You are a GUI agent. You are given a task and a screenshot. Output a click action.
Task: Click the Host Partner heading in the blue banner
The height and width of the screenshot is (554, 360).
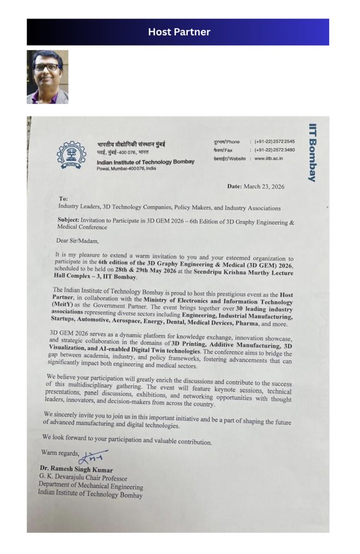179,32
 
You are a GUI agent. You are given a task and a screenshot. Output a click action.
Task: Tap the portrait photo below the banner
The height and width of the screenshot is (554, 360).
48,77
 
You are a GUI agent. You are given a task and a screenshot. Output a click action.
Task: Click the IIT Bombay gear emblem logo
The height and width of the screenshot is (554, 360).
71,155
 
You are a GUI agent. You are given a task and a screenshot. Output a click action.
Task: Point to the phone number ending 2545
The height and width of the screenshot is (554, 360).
274,142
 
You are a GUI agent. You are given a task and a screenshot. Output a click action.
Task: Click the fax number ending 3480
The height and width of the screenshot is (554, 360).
274,150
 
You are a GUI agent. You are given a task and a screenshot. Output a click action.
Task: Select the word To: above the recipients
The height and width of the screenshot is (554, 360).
63,199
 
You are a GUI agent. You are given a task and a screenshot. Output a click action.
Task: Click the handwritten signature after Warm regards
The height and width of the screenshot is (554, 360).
93,457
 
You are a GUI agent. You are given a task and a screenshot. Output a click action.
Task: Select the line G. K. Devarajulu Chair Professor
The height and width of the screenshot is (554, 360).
83,478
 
